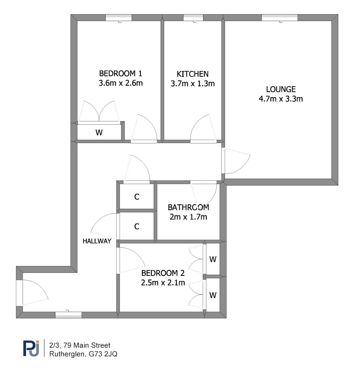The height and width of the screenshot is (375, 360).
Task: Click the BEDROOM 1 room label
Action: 121,73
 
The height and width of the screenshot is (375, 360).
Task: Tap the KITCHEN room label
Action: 193,74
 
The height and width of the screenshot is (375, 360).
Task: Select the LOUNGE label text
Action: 281,89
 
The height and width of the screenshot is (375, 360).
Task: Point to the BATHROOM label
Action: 188,207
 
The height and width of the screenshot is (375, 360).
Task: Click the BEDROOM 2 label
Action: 163,273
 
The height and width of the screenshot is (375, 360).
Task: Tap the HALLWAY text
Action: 97,241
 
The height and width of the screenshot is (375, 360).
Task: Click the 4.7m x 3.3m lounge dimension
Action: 281,99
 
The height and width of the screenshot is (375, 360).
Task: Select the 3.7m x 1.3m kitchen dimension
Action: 193,84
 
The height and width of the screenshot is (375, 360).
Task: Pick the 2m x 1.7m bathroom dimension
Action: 188,217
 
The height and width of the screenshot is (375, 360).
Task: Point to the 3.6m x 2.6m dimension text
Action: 121,83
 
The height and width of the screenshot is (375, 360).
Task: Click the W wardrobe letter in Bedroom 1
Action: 99,133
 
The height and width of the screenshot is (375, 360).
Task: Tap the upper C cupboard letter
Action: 137,197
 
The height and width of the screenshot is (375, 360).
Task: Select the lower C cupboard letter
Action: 137,227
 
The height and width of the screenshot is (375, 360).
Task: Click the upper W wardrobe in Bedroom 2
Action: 213,259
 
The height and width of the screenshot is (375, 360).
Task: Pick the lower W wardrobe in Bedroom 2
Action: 213,295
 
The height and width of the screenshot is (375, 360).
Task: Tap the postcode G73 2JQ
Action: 103,354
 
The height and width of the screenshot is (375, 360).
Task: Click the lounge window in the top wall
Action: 280,18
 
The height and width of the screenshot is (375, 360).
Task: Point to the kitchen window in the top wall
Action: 193,18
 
